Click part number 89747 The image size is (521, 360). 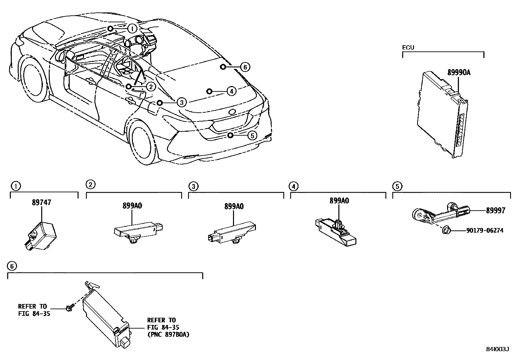41,202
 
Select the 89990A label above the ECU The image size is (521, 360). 459,72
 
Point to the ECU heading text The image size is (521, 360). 408,47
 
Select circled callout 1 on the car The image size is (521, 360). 132,28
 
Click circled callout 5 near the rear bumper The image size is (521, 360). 252,135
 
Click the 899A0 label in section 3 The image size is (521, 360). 234,206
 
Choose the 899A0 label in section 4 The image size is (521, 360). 339,201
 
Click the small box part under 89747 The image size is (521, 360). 41,235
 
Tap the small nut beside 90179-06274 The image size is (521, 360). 445,231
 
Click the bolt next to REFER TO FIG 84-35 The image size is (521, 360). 69,308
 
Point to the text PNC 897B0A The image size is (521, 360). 168,334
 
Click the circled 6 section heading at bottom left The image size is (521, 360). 11,266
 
